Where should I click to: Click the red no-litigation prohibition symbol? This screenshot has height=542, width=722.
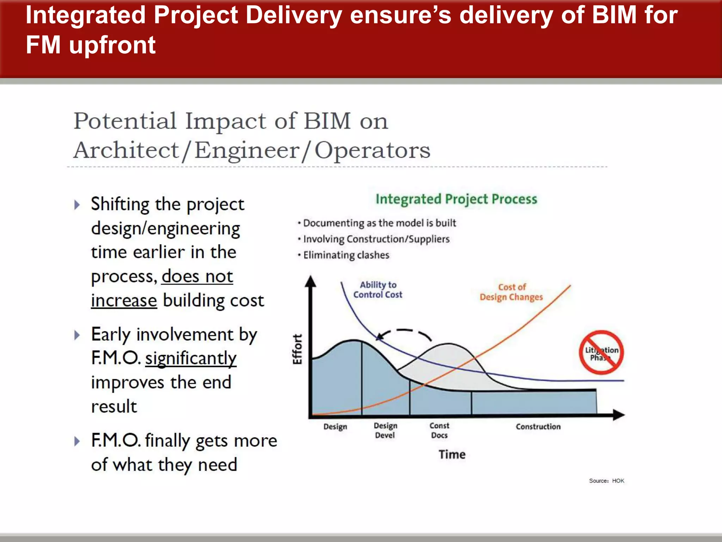[x=601, y=353]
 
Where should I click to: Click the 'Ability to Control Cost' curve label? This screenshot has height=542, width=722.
[x=378, y=290]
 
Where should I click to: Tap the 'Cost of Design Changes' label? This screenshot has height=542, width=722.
[x=511, y=292]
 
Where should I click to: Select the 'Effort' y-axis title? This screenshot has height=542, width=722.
[x=298, y=349]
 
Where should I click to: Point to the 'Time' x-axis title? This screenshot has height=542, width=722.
[x=452, y=454]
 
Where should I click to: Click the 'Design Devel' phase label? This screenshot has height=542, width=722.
[x=385, y=430]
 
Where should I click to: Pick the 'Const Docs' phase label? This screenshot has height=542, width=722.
[x=439, y=430]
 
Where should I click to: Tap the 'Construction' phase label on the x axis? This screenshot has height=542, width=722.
[x=538, y=427]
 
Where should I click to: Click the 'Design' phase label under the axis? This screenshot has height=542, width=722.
[x=335, y=427]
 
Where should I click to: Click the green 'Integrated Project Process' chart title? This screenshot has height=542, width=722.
[x=456, y=199]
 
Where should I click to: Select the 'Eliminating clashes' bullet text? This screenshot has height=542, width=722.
[x=346, y=255]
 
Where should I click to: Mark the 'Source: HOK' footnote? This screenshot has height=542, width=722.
[x=606, y=481]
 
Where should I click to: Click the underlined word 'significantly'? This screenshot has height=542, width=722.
[x=191, y=359]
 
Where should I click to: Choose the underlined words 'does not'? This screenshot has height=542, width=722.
[x=197, y=276]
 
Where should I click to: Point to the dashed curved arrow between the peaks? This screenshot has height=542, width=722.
[x=405, y=332]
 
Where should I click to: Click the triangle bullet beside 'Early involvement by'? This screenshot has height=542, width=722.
[x=77, y=335]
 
